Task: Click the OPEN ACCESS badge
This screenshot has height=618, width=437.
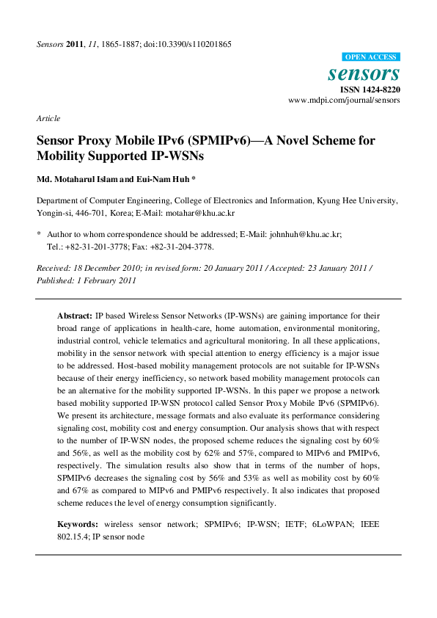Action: pyautogui.click(x=371, y=57)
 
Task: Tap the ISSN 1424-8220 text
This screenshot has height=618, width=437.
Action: pyautogui.click(x=369, y=90)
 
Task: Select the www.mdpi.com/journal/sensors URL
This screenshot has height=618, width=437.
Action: pyautogui.click(x=344, y=100)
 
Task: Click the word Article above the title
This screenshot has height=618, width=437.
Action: pyautogui.click(x=48, y=118)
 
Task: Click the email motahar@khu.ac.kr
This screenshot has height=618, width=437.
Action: pyautogui.click(x=200, y=213)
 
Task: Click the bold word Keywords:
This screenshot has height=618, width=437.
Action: pyautogui.click(x=78, y=525)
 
